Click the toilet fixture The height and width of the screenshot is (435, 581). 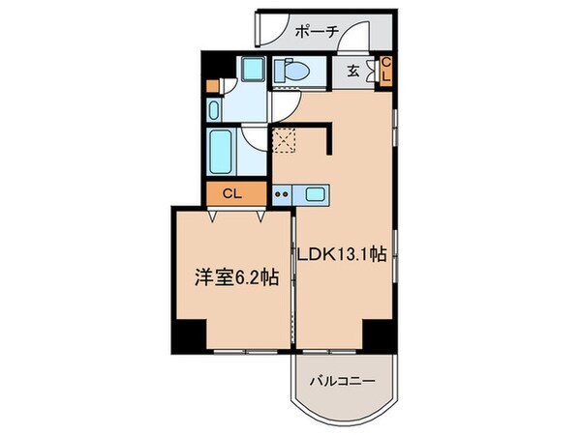coord(291,70)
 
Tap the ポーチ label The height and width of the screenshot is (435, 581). coord(318,31)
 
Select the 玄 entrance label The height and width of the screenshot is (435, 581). coord(353,70)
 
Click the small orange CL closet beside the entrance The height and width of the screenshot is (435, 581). coord(385,70)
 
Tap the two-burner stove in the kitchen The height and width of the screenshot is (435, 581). coord(282,193)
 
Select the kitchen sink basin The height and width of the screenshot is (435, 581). coord(314,193)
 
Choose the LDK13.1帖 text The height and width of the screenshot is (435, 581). coord(345,255)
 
